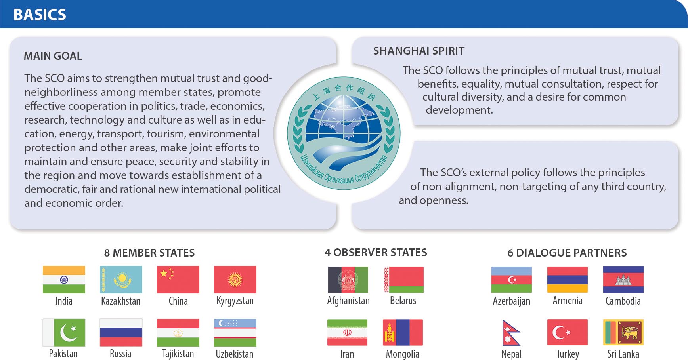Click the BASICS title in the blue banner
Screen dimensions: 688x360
[x=40, y=15]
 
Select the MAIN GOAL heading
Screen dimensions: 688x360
[x=53, y=56]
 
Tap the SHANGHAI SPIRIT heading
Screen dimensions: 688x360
[x=419, y=51]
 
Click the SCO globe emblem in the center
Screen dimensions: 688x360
[x=344, y=133]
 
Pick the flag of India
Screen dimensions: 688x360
[x=64, y=280]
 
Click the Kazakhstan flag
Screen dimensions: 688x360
[x=121, y=280]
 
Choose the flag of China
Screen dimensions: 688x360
[x=178, y=280]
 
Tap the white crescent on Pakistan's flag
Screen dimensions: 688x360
[x=68, y=333]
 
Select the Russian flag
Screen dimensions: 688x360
[x=121, y=333]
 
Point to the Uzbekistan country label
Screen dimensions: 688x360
[x=235, y=354]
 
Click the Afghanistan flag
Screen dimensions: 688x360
[x=348, y=280]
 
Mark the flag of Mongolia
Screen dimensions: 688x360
[x=403, y=333]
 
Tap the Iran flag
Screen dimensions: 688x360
[x=347, y=333]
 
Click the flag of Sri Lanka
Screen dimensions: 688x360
[x=623, y=333]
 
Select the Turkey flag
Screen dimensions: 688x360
[x=568, y=333]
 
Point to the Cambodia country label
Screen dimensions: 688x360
[x=623, y=301]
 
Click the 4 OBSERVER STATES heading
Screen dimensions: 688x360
[x=376, y=253]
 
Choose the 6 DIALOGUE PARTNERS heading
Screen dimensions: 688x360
[x=567, y=253]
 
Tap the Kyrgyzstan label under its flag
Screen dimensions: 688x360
[x=235, y=301]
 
